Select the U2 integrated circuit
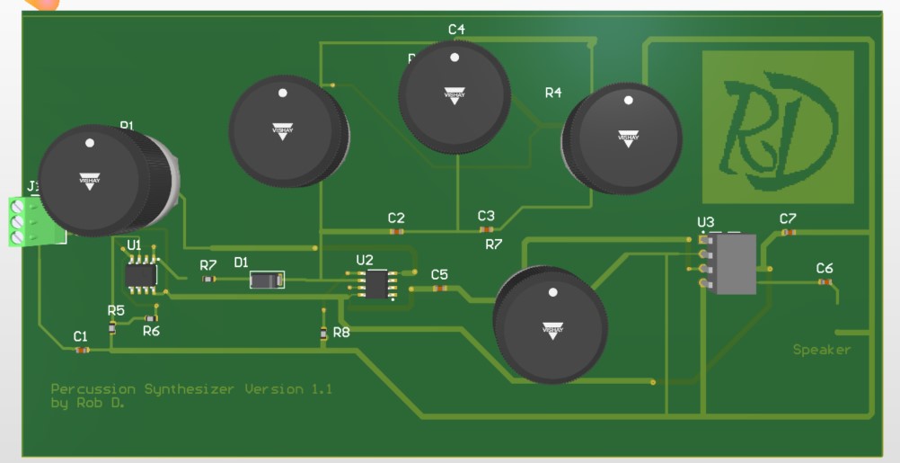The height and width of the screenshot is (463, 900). [375, 282]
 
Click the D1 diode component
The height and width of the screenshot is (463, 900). [267, 280]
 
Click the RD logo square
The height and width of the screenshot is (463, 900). [777, 126]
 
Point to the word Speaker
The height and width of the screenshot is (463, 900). [821, 350]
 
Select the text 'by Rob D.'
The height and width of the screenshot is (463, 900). [87, 404]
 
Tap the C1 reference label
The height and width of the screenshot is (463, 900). [81, 336]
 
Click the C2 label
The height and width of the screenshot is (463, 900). [396, 218]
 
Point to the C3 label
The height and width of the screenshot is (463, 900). [486, 216]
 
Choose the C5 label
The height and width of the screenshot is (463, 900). [439, 274]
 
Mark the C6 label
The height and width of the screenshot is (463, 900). [824, 268]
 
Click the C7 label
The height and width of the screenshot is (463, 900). [788, 218]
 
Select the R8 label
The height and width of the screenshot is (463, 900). [341, 332]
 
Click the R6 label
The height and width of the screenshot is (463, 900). [151, 330]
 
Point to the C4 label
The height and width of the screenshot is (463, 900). [456, 30]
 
